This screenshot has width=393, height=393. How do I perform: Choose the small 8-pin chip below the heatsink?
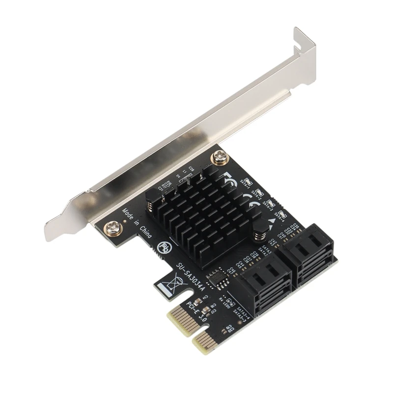(217, 278)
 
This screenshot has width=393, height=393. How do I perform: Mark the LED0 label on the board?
(227, 300)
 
